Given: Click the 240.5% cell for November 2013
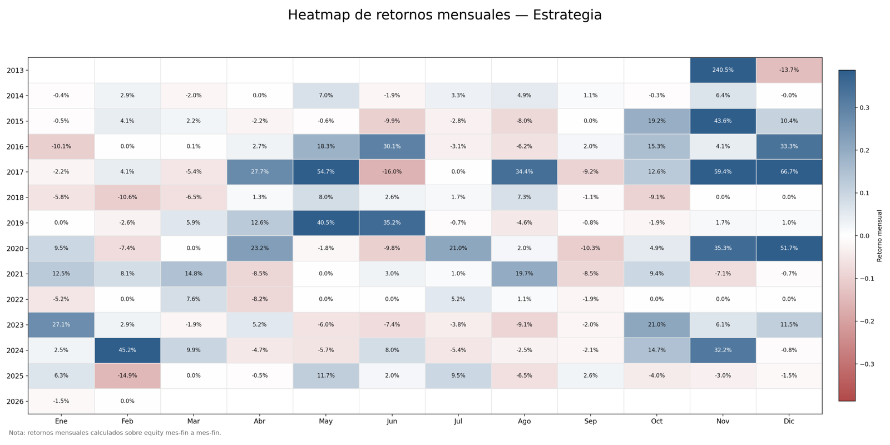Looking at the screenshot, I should pos(723,70).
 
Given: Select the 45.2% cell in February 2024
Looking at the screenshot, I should pos(127,350).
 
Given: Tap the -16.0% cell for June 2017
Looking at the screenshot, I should pos(392,172).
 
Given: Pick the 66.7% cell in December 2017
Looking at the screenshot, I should pos(789,172).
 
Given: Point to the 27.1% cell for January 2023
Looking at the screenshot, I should pos(61,325).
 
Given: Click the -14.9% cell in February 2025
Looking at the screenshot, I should pos(127,376).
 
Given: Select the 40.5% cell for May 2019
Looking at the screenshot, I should pos(326,223).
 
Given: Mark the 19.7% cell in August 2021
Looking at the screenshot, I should pos(524,274).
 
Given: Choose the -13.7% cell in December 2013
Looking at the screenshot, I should pos(789,70).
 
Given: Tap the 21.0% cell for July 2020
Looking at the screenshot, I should pos(458,248).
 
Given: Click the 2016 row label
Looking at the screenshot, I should pos(15,147).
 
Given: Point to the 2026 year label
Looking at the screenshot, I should pos(15,402).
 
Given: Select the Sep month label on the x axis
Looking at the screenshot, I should pos(590,422).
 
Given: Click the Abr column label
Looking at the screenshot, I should pos(260,422).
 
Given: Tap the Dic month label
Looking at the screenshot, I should pos(789,422).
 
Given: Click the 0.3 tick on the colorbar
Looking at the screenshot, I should pos(864,108).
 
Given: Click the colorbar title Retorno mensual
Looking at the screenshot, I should pos(879,236).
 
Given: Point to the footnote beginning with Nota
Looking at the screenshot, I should pos(115,433).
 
